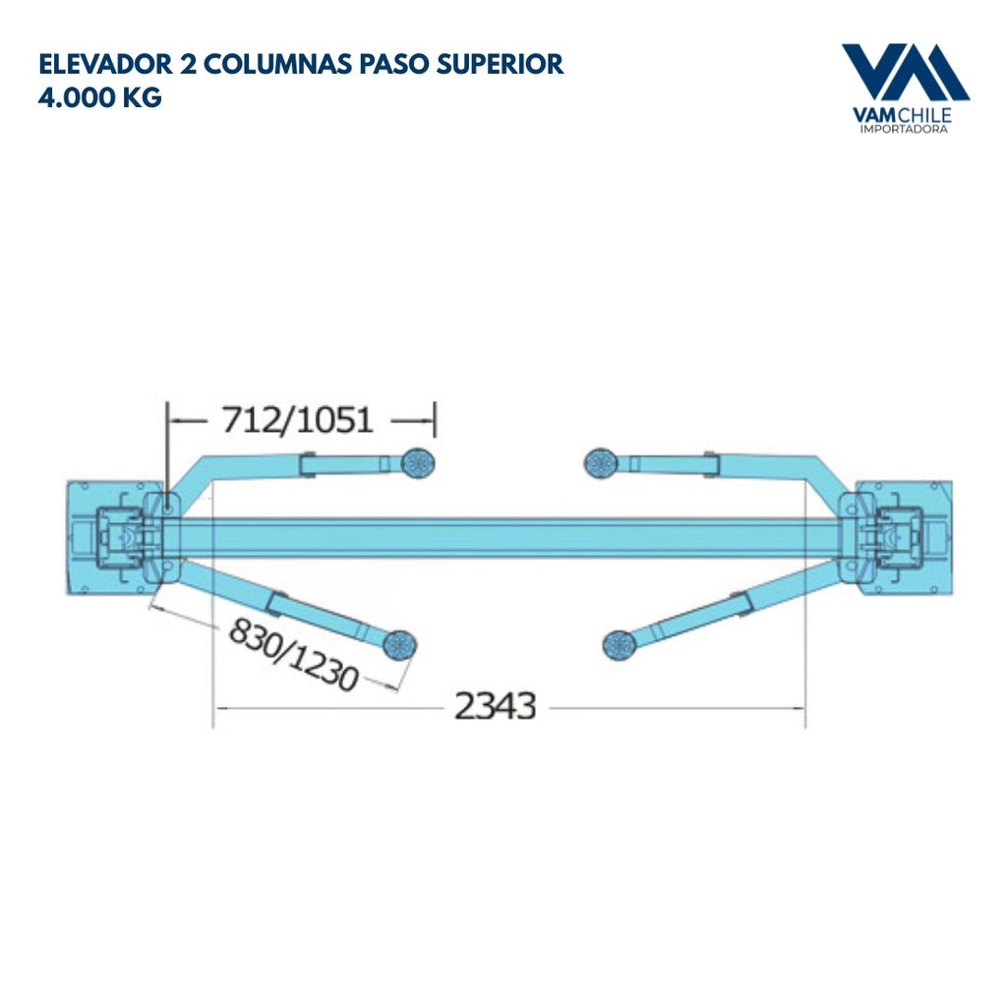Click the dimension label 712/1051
[x=298, y=421]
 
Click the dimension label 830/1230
[x=293, y=654]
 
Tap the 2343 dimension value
[x=495, y=706]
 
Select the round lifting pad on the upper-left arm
[x=419, y=460]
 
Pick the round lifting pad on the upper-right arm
[x=599, y=460]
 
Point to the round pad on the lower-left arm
[x=399, y=645]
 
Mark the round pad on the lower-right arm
[x=620, y=644]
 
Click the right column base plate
[x=905, y=537]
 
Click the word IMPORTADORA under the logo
[x=905, y=129]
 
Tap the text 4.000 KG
[x=99, y=98]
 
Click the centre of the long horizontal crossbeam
[x=503, y=538]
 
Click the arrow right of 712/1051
[x=413, y=421]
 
